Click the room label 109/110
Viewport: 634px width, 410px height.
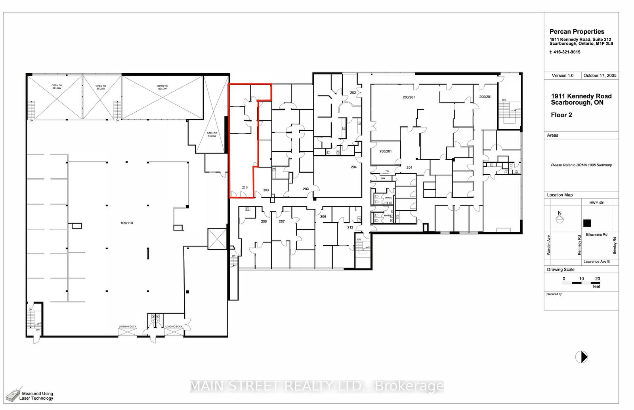click(x=126, y=223)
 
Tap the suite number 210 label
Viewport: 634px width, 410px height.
click(x=244, y=187)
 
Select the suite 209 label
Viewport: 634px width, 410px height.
click(x=266, y=190)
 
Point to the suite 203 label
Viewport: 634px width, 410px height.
click(x=306, y=189)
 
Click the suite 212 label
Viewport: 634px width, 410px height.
click(x=350, y=227)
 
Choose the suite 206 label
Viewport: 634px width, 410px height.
click(x=323, y=217)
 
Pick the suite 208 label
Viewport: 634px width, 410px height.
click(x=264, y=221)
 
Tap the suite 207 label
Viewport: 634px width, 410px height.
click(x=281, y=221)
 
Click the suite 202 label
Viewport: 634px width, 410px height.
click(x=353, y=93)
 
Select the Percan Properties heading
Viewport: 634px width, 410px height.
click(x=577, y=32)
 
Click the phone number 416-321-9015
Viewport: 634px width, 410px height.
click(x=567, y=52)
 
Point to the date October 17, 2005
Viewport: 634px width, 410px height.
click(x=600, y=76)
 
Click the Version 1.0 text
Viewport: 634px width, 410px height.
click(x=562, y=76)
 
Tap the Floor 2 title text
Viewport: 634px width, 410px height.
click(x=561, y=115)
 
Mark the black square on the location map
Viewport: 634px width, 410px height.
click(x=587, y=223)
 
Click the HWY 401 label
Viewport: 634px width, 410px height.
click(x=597, y=203)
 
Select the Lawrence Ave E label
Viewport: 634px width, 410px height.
click(x=596, y=262)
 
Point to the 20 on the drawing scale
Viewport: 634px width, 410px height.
click(x=597, y=279)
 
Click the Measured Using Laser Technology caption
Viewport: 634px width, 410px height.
click(x=36, y=396)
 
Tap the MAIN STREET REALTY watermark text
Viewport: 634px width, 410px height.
click(x=317, y=386)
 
